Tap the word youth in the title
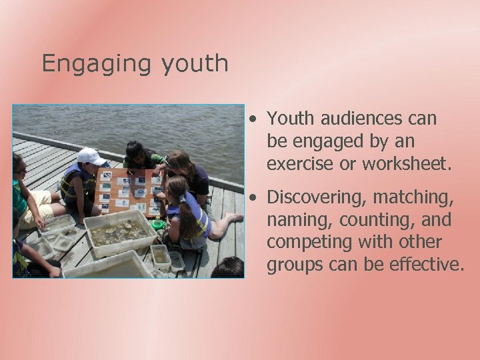(194, 64)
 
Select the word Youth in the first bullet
(291, 119)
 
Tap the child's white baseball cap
(91, 156)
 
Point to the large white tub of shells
(121, 233)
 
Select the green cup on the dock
(158, 225)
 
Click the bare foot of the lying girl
(233, 217)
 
